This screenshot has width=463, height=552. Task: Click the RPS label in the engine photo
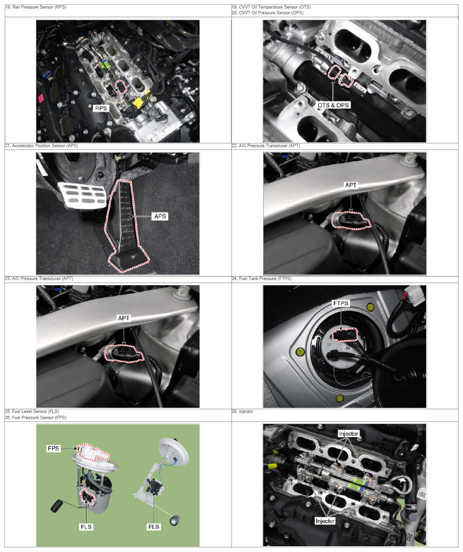point(101,108)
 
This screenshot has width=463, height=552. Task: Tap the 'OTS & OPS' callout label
point(333,105)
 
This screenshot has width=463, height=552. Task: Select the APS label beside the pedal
point(160,216)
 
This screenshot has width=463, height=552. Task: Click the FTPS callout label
point(341,303)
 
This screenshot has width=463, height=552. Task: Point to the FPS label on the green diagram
point(53,448)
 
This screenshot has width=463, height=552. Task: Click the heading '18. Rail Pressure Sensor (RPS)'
point(36,7)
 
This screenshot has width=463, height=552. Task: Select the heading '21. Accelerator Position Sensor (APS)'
point(41,145)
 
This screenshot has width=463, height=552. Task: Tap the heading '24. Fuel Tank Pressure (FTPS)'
point(262,279)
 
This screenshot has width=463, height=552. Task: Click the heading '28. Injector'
point(242,411)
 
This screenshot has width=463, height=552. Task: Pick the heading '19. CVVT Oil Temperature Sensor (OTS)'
point(271,7)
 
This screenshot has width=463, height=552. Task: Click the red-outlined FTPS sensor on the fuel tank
point(345,335)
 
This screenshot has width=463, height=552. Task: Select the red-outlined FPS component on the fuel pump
point(92,453)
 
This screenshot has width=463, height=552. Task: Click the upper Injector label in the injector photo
point(348,434)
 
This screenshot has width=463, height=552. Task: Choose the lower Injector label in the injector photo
point(325,521)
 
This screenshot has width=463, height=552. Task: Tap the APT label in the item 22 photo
point(351,185)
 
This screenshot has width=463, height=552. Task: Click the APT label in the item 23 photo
point(123,318)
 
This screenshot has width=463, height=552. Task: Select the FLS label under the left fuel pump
point(86,527)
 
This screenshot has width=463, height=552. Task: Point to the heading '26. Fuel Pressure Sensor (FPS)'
point(36,418)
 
